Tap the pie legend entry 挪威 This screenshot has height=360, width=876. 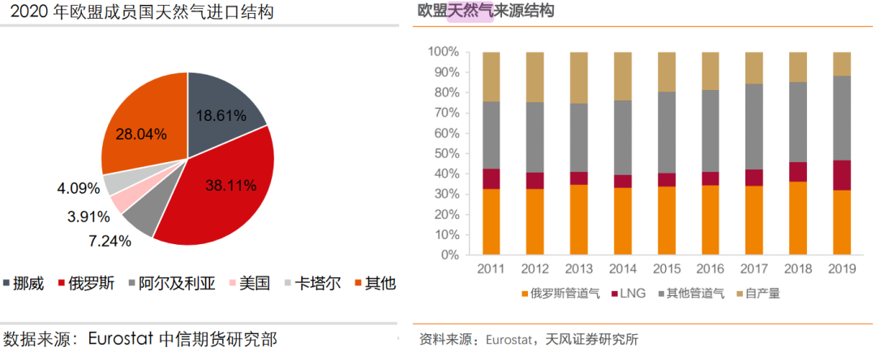click(31, 283)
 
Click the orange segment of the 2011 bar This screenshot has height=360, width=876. click(491, 221)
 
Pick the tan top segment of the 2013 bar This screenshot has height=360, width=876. click(578, 78)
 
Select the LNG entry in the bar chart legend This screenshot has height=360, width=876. click(629, 293)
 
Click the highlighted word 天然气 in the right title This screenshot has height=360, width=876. click(470, 11)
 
